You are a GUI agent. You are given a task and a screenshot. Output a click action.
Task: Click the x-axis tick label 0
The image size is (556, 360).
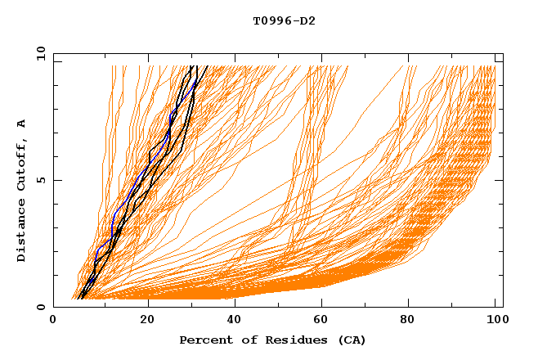coord(53,320)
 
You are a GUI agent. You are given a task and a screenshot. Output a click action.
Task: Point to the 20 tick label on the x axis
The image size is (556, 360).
coord(148,320)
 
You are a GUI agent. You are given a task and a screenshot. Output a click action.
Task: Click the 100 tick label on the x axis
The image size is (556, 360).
coord(495,320)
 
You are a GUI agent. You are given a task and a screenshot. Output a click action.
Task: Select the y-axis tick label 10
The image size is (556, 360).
coord(38,53)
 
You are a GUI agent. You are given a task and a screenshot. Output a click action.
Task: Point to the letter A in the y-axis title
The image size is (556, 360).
coord(21,124)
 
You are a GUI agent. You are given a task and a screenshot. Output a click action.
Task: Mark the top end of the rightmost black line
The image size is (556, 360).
coord(207,66)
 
